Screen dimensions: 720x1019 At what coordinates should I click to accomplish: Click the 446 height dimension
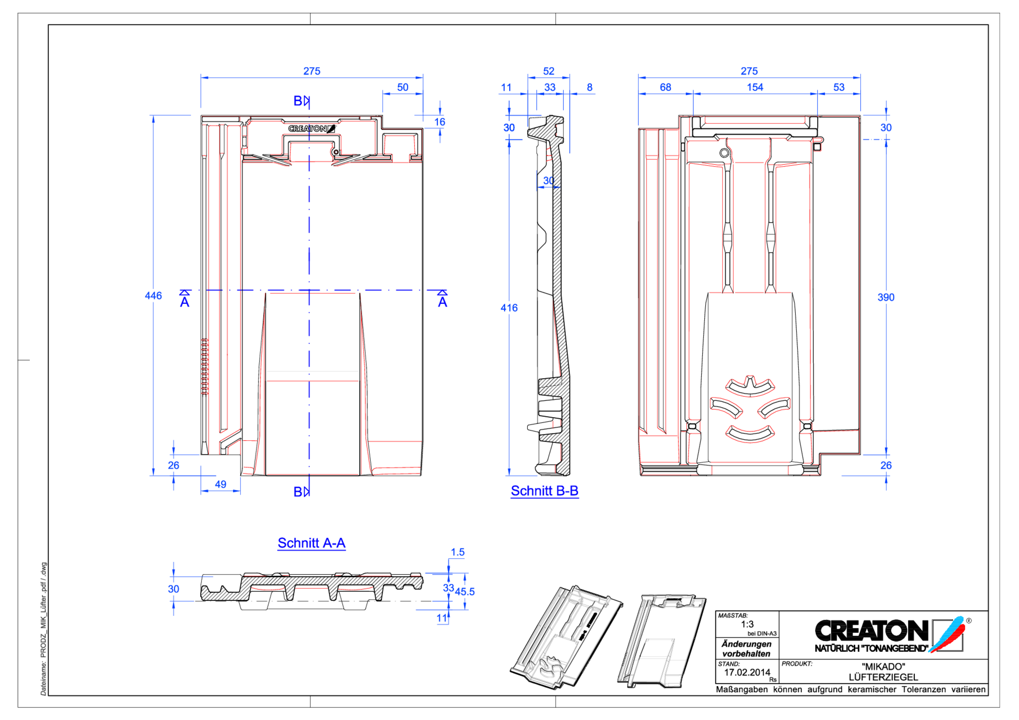click(153, 296)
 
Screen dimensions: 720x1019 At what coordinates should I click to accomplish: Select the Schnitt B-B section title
click(544, 491)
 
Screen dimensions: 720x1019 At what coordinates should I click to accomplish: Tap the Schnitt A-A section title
click(311, 543)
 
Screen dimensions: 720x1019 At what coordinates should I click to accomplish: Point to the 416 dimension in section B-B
click(509, 308)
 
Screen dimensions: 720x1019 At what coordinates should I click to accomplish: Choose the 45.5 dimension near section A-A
click(465, 592)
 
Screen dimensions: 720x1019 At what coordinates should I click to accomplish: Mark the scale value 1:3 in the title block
click(747, 624)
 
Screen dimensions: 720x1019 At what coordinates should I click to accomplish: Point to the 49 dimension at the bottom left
click(221, 484)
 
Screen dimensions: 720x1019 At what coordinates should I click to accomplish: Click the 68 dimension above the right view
click(665, 87)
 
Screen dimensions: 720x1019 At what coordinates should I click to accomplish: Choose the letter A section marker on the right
click(443, 302)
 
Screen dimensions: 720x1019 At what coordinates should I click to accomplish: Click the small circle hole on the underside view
click(724, 153)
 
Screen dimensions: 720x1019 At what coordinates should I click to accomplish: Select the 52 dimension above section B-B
click(549, 71)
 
